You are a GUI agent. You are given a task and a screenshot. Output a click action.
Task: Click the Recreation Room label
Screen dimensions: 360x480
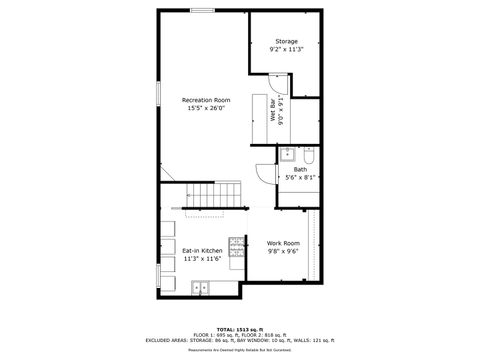point(206,99)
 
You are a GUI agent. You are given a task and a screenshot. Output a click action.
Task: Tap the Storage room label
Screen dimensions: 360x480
point(285,41)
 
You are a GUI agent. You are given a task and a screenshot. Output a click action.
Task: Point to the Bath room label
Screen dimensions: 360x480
point(300,169)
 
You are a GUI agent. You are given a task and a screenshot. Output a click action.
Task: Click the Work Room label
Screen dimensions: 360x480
point(283,243)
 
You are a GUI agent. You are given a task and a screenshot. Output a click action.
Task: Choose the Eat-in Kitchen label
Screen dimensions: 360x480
point(202,250)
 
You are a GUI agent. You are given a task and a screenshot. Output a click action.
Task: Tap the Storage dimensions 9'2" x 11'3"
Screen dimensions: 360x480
point(285,49)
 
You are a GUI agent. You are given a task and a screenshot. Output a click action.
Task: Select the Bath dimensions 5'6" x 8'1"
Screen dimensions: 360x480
point(300,177)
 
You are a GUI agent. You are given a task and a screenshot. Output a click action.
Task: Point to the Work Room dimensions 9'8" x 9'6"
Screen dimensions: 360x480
point(283,251)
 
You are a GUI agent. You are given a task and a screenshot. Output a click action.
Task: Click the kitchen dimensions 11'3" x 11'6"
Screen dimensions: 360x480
point(202,258)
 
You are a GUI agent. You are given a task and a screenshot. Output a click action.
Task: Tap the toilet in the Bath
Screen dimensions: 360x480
point(309,155)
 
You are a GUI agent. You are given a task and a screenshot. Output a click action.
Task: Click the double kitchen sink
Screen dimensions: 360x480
point(200,288)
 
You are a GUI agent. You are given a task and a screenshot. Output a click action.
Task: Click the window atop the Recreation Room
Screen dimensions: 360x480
point(202,10)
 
